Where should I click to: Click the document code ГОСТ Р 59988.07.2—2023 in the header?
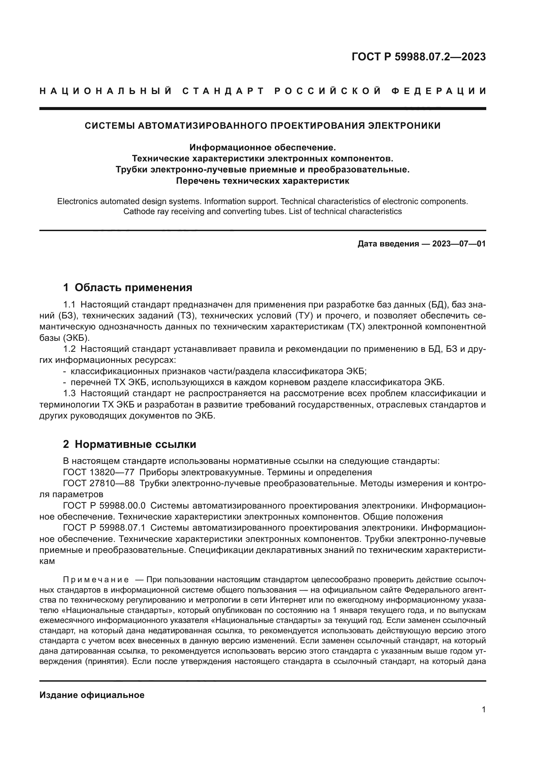419,57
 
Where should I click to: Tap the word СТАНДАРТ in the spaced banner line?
223,91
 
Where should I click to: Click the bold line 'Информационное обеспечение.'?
262,147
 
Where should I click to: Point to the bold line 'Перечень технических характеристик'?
262,181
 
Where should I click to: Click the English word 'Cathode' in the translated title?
137,211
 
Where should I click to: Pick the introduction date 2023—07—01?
459,243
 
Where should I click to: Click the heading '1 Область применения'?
127,287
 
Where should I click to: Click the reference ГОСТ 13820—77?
98,472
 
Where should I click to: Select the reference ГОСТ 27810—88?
98,483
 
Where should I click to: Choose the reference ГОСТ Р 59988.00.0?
104,506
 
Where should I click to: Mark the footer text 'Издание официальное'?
92,695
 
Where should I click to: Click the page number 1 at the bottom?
483,709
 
